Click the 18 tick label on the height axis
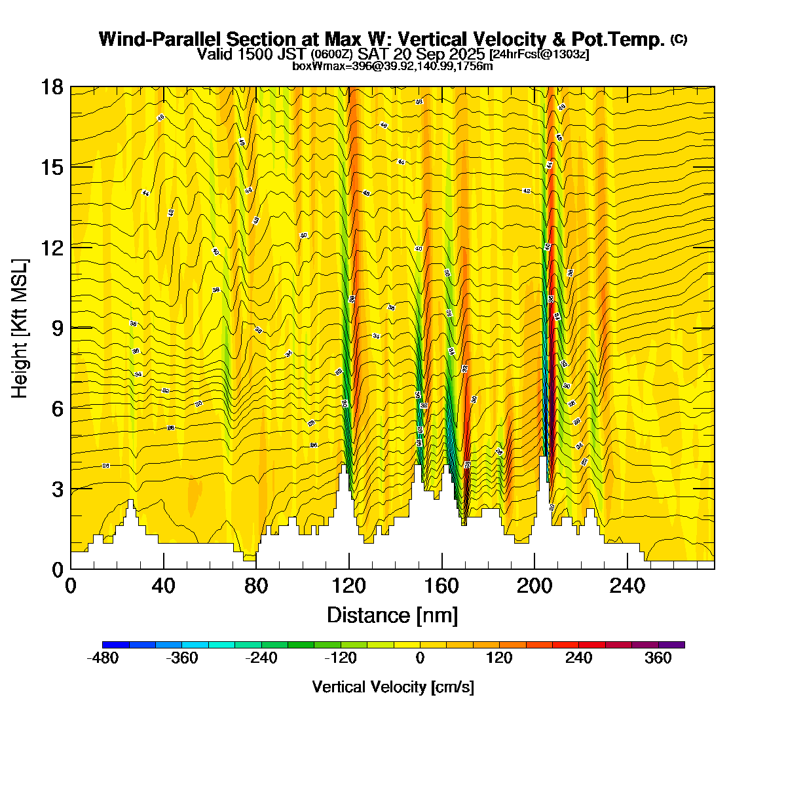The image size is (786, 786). pyautogui.click(x=52, y=87)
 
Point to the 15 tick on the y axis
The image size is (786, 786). pyautogui.click(x=52, y=167)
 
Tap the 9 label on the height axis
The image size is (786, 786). pyautogui.click(x=57, y=328)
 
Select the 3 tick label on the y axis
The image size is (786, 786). pyautogui.click(x=57, y=489)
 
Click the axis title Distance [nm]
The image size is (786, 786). pyautogui.click(x=392, y=615)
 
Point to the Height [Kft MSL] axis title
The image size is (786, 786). pyautogui.click(x=20, y=328)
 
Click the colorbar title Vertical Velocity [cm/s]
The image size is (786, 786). pyautogui.click(x=393, y=687)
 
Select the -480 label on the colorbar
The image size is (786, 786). pyautogui.click(x=103, y=659)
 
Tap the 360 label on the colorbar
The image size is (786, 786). pyautogui.click(x=658, y=659)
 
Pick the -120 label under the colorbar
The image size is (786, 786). pyautogui.click(x=341, y=659)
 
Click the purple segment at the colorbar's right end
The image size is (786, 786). pyautogui.click(x=671, y=645)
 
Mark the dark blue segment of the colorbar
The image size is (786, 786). pyautogui.click(x=116, y=645)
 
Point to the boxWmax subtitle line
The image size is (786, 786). pyautogui.click(x=392, y=65)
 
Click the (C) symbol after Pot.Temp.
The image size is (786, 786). pyautogui.click(x=679, y=39)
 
